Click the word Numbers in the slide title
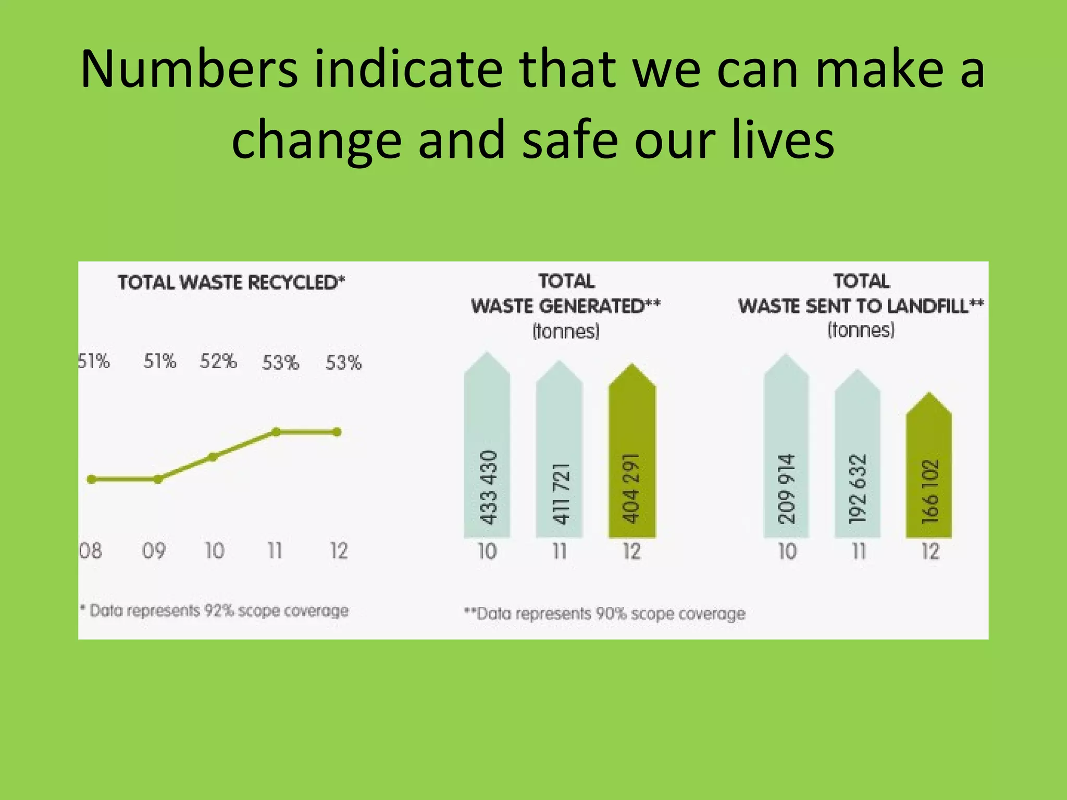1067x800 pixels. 190,69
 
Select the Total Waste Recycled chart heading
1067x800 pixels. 231,282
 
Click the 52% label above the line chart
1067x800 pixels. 218,361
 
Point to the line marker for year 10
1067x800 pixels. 213,457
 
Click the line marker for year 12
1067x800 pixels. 337,432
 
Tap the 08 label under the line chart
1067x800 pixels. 91,551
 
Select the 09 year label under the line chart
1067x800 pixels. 154,551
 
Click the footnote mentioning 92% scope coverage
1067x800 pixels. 215,610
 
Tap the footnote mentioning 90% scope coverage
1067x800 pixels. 605,614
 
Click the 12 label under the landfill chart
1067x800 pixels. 930,551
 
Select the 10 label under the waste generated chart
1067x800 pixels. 487,551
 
